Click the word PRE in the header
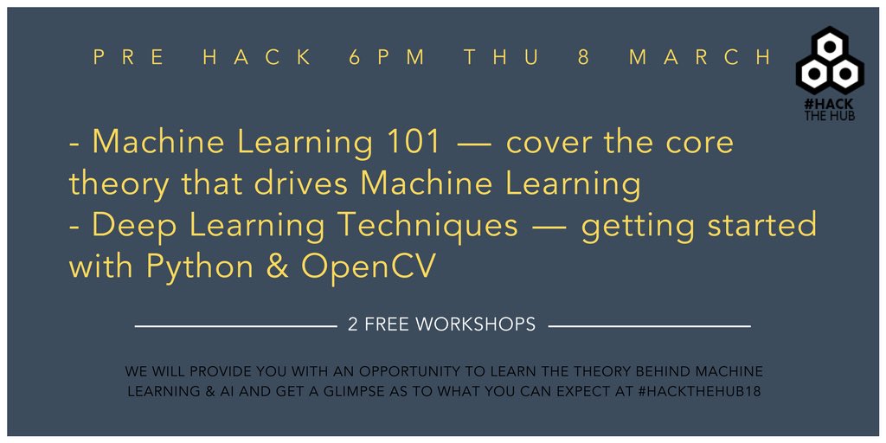[x=130, y=58]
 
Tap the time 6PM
[x=387, y=58]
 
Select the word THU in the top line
[x=501, y=58]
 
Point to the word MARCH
[x=701, y=58]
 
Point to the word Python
[x=200, y=267]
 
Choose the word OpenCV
[x=368, y=267]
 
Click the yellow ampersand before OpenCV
[x=277, y=267]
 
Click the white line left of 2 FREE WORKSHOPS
[x=236, y=326]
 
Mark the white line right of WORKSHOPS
[x=650, y=326]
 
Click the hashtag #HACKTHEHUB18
[x=699, y=391]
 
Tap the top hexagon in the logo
[x=830, y=48]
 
